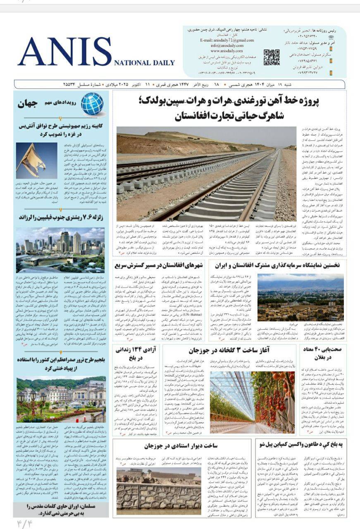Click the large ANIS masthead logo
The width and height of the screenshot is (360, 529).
coord(64,52)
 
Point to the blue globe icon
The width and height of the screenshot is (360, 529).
coord(92,103)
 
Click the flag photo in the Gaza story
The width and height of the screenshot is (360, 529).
coord(31,160)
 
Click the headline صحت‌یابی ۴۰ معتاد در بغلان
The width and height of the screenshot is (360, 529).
coord(322,354)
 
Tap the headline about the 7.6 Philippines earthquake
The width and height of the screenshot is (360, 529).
coord(61,217)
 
